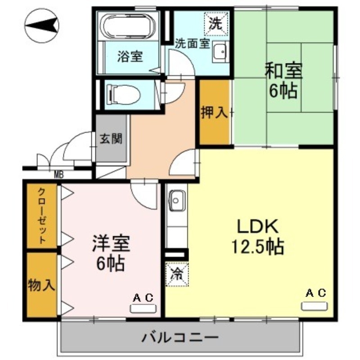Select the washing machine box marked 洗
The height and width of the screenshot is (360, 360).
point(217,23)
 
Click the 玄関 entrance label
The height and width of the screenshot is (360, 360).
point(111,139)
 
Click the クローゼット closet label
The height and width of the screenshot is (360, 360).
point(41,215)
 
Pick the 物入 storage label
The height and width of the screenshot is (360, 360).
point(41,285)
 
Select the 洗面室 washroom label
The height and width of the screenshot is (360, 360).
point(192,44)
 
